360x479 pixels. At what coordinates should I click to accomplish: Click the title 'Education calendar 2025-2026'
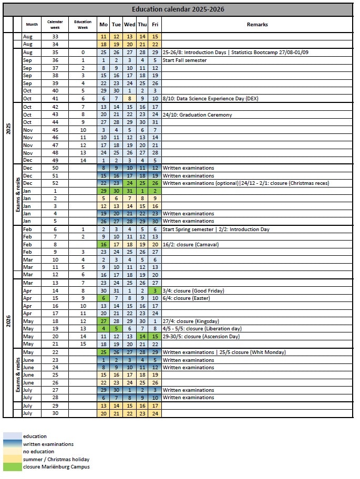pyautogui.click(x=178, y=9)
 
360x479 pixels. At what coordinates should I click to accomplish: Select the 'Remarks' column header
pyautogui.click(x=257, y=25)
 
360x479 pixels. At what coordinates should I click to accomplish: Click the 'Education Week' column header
pyautogui.click(x=83, y=25)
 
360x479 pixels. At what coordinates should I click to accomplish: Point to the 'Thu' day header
pyautogui.click(x=142, y=25)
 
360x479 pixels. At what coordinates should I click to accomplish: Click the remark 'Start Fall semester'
pyautogui.click(x=184, y=60)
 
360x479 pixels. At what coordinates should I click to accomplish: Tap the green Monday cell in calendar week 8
pyautogui.click(x=104, y=245)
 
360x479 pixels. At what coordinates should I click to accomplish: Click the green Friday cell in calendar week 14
pyautogui.click(x=155, y=291)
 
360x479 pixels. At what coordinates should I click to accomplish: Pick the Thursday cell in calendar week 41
pyautogui.click(x=142, y=99)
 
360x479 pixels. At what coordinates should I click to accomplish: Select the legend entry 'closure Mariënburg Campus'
pyautogui.click(x=56, y=467)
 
